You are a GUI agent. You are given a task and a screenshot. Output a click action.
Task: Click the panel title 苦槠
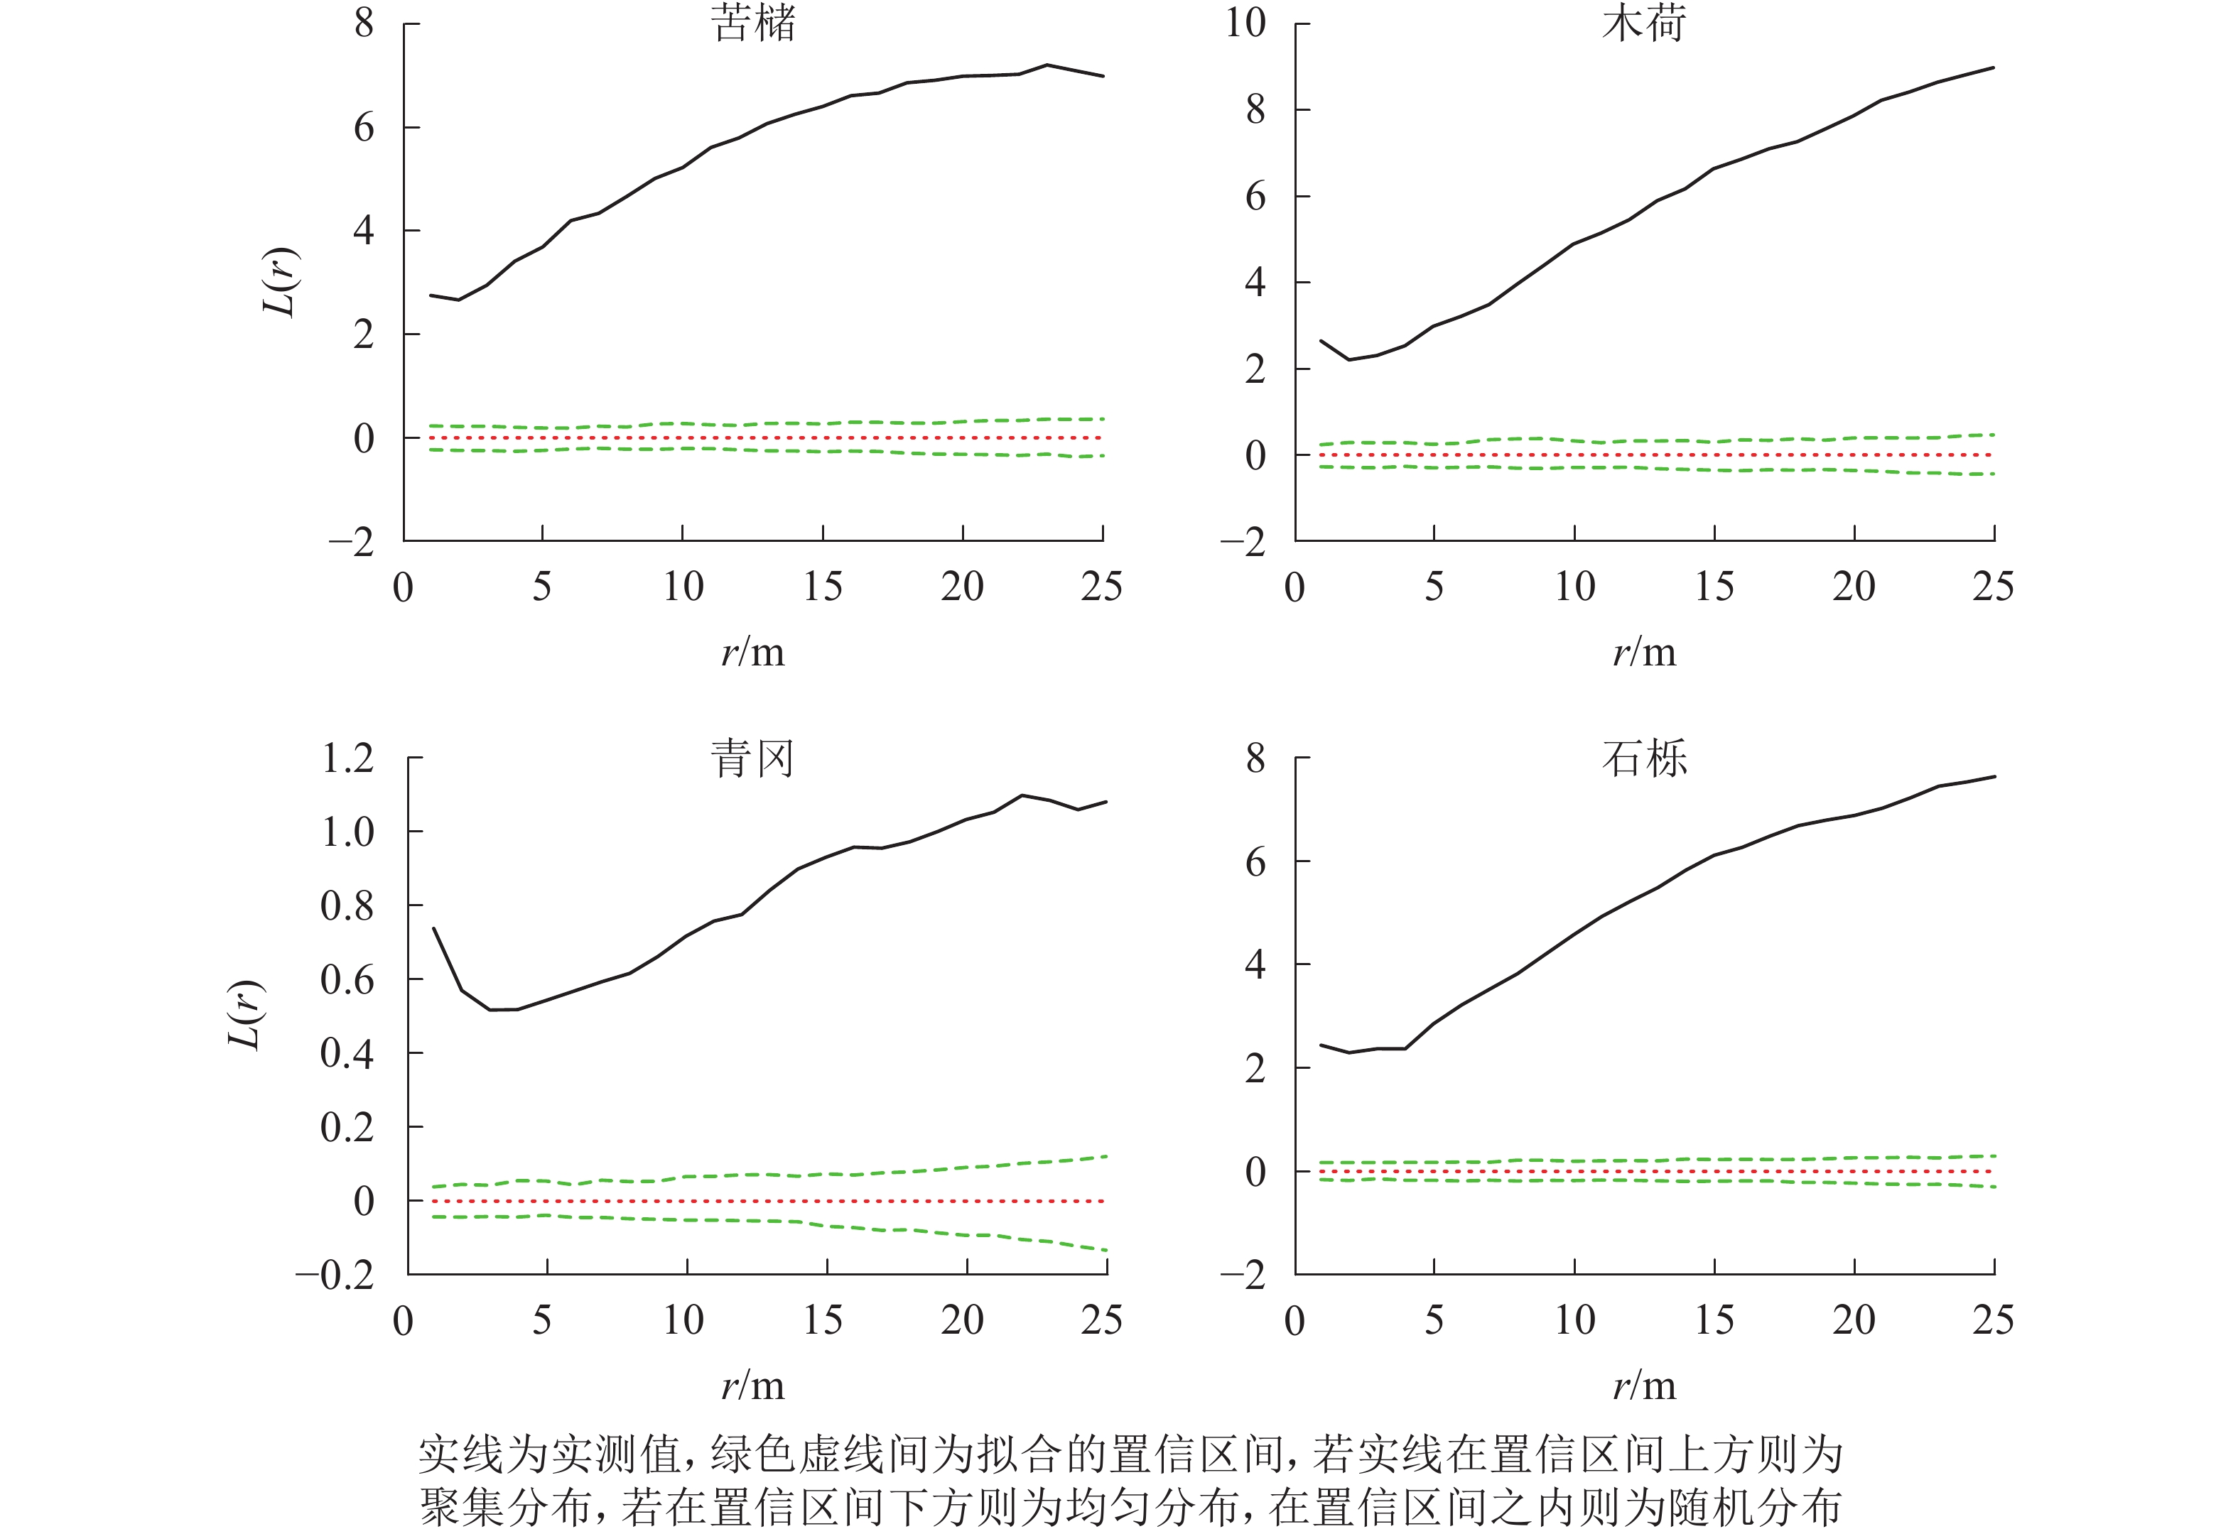754,23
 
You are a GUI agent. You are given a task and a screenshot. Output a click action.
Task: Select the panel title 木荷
1644,23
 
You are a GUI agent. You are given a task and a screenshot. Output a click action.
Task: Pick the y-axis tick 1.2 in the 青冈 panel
347,758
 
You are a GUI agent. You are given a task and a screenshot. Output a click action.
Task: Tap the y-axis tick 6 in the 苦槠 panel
363,127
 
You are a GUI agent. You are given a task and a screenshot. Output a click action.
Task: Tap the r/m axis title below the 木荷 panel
1644,653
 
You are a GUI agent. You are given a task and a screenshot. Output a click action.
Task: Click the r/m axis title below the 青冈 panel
753,1386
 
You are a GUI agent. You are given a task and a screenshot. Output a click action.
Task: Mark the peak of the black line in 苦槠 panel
1047,65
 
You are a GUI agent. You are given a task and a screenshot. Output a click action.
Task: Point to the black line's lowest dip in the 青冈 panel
491,1009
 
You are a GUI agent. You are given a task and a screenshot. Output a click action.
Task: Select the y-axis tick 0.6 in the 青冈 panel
347,980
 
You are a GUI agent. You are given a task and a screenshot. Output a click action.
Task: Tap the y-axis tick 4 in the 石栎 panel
1255,965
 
